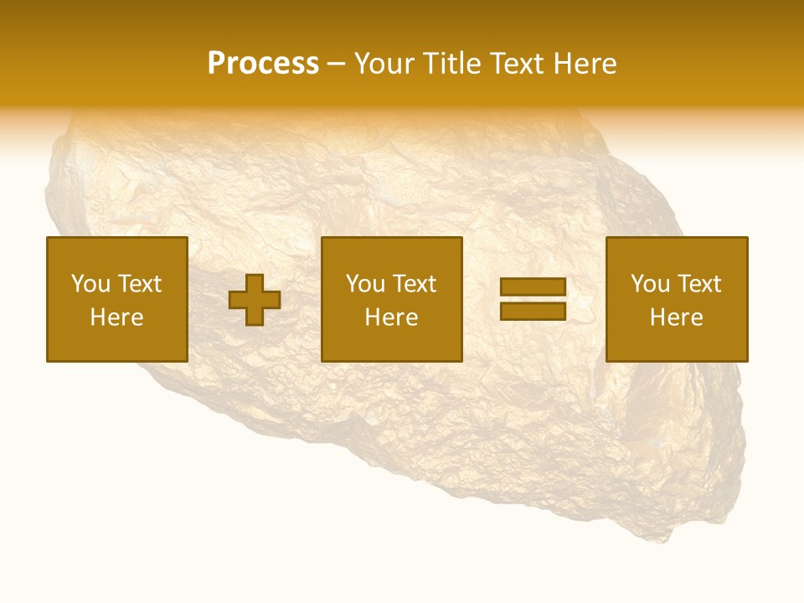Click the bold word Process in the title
coord(263,64)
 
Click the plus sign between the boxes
coord(255,300)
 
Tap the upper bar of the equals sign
coord(533,287)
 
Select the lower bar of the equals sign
coord(533,311)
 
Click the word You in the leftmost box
coord(90,284)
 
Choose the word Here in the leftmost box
coord(116,317)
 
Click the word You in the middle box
coord(365,284)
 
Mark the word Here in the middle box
coord(391,317)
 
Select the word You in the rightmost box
coord(650,284)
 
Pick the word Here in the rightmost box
coord(676,317)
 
